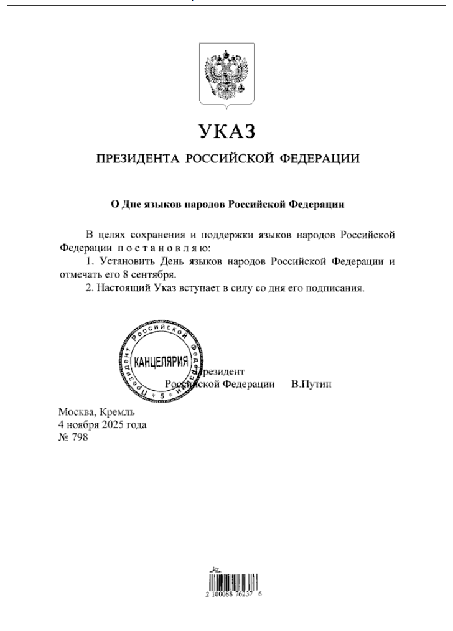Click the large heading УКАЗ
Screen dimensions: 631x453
point(226,132)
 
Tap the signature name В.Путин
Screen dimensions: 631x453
point(311,384)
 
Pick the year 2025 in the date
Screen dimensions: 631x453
point(113,426)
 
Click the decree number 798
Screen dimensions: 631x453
point(80,438)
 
